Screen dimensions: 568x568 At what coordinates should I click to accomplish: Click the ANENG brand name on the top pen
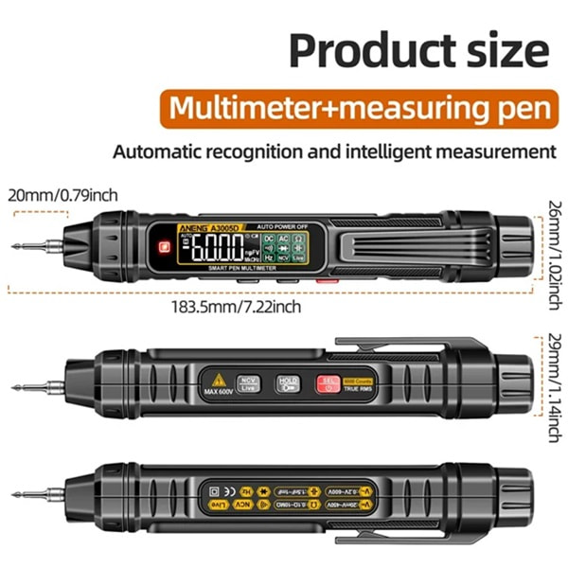click(196, 227)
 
